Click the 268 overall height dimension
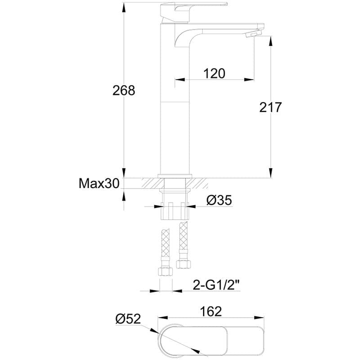point(124,90)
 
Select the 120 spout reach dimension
point(214,73)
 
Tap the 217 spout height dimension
point(270,108)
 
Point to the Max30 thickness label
point(99,184)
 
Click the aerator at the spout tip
point(254,34)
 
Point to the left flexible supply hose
point(164,247)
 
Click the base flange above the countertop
point(175,175)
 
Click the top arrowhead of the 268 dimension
point(124,6)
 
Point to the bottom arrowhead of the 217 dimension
point(270,173)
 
